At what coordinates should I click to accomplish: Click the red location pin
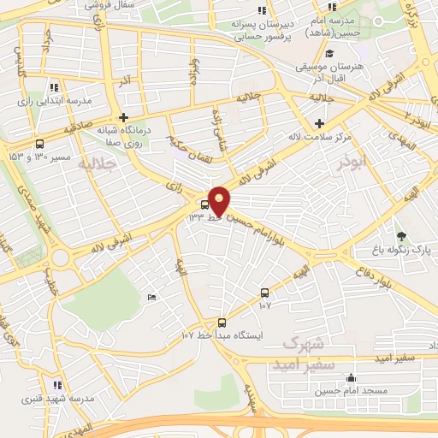point(219,201)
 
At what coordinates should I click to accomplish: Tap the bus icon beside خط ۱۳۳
point(204,204)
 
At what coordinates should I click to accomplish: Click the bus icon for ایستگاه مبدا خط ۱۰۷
point(222,323)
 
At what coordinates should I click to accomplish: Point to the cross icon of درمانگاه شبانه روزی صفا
point(124,117)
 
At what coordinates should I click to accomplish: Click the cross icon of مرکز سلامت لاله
point(319,124)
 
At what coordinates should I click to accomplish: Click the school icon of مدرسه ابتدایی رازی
point(54,87)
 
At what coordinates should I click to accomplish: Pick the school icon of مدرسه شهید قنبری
point(57,386)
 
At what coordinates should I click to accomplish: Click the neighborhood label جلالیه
point(95,163)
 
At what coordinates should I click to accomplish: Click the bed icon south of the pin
point(151,297)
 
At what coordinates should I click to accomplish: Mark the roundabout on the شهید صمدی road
point(60,257)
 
